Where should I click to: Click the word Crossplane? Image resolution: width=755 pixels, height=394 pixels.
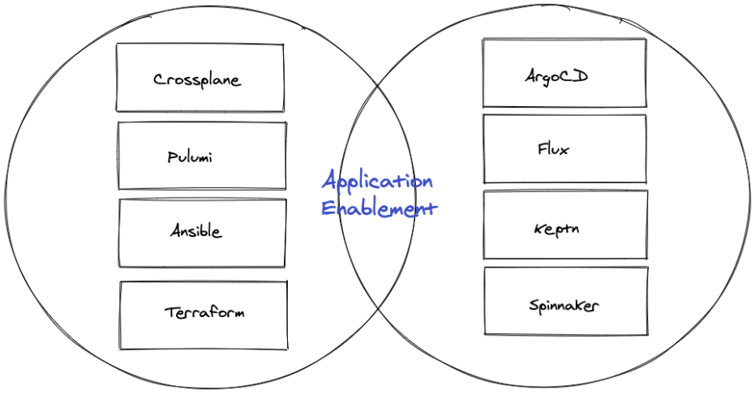[197, 79]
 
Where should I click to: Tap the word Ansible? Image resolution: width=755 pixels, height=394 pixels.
[195, 231]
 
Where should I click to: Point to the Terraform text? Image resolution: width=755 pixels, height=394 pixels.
[204, 311]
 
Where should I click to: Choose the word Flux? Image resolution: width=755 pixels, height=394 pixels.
[553, 149]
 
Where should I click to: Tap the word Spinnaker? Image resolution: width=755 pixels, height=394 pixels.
[564, 306]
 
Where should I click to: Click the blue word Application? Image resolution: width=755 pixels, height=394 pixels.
[377, 182]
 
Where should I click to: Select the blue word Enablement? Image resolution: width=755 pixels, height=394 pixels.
[379, 208]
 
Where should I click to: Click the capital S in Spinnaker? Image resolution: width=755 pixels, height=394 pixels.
[534, 306]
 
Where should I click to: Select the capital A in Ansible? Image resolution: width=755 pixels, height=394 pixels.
[175, 231]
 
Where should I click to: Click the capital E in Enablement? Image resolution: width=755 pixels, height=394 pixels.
[327, 208]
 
